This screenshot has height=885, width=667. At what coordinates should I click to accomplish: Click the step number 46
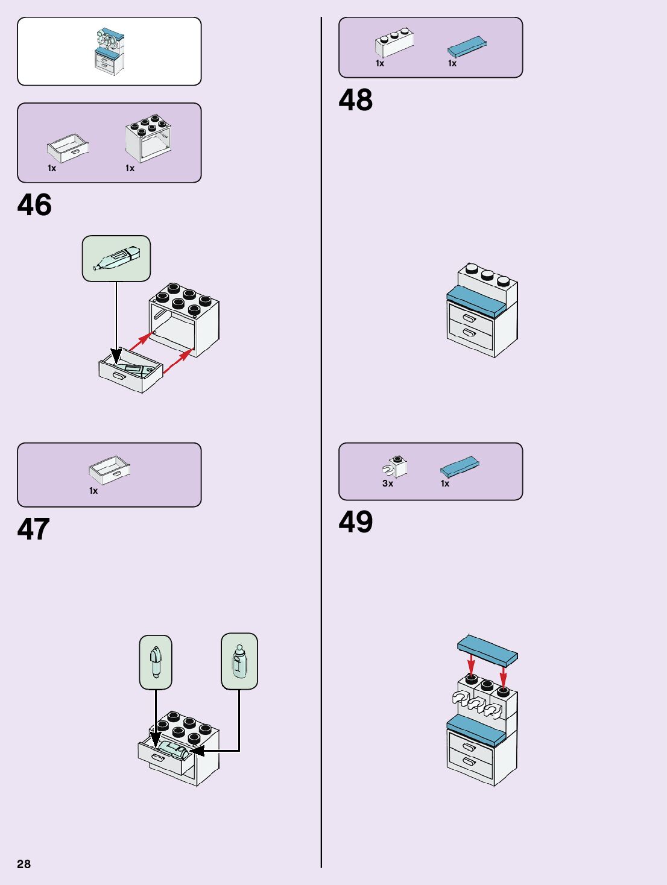[34, 205]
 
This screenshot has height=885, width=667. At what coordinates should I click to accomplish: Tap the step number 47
[33, 529]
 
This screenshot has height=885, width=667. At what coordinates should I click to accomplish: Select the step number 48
[355, 100]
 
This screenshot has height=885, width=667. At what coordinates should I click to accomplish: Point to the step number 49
[355, 522]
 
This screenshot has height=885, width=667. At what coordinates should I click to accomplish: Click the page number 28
[24, 864]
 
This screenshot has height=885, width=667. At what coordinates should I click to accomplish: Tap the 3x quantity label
[388, 483]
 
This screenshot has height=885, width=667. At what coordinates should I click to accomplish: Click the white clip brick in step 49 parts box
[395, 466]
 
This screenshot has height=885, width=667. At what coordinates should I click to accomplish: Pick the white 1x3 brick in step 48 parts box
[394, 43]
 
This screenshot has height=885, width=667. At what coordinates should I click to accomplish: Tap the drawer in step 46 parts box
[68, 148]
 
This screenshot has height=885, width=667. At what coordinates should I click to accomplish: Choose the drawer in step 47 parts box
[109, 470]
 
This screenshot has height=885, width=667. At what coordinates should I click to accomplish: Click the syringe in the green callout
[116, 258]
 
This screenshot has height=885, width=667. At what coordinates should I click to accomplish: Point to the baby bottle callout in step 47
[239, 661]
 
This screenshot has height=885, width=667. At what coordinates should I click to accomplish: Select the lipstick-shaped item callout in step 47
[156, 662]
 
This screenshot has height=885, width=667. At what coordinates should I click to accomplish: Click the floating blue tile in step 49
[487, 649]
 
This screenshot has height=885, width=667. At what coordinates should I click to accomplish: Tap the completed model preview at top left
[109, 51]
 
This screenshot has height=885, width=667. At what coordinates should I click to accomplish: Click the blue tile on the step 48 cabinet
[476, 301]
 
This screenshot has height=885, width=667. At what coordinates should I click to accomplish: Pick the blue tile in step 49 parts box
[460, 467]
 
